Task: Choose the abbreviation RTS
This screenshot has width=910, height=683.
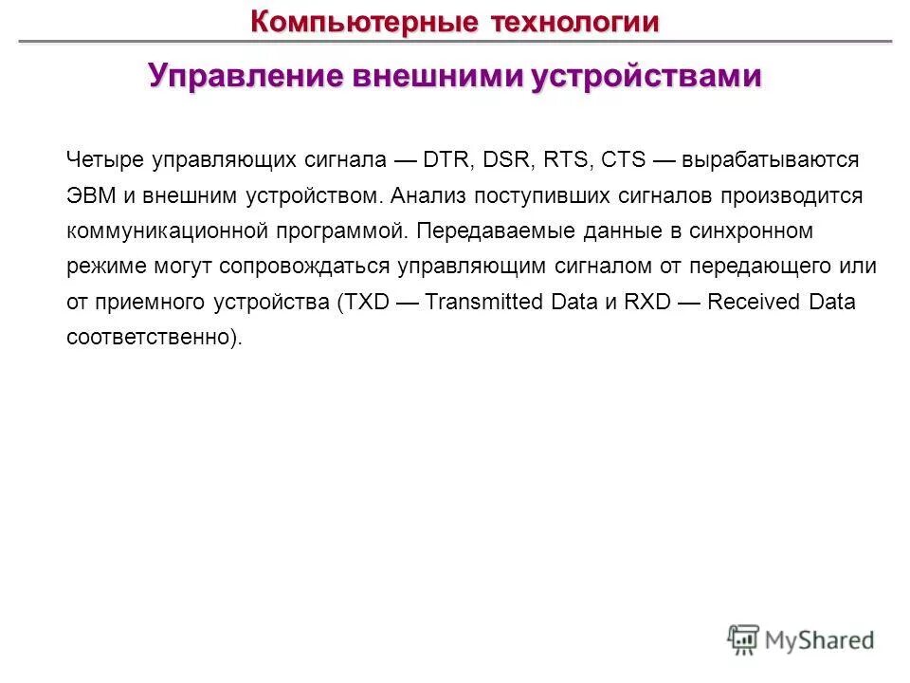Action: [x=566, y=159]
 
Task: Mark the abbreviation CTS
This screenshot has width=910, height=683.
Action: [x=623, y=159]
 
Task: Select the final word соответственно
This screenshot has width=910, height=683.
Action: [x=149, y=337]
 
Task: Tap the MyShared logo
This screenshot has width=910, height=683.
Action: [x=801, y=640]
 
